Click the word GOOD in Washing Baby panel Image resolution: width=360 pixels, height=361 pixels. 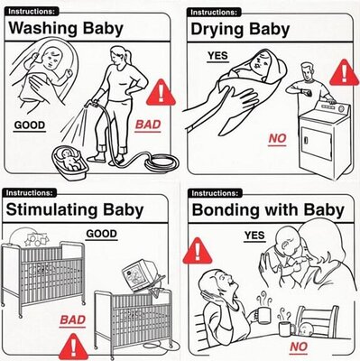(30, 125)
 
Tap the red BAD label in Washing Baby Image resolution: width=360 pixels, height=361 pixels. (148, 125)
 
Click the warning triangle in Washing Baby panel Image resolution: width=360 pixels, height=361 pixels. (161, 92)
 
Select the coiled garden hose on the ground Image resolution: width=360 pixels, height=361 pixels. (162, 162)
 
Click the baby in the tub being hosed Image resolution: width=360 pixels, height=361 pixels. (70, 160)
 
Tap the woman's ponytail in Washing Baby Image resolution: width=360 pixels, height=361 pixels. (128, 56)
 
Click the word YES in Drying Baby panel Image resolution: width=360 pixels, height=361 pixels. (217, 56)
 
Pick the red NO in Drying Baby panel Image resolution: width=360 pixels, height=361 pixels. (277, 138)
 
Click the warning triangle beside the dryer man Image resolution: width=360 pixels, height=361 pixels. (345, 72)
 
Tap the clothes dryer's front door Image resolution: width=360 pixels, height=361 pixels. (317, 146)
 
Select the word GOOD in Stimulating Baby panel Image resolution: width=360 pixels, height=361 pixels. (101, 234)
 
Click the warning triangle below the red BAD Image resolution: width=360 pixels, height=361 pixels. (73, 347)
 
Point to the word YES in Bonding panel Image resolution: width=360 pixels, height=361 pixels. (254, 236)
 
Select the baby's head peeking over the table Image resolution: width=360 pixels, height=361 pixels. (306, 329)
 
